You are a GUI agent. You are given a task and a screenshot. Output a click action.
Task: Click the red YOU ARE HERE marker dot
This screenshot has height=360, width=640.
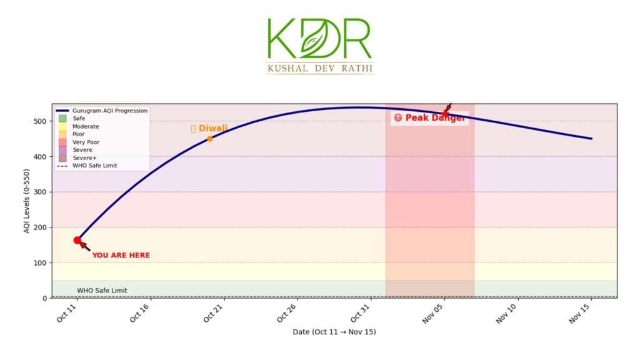pyautogui.click(x=77, y=240)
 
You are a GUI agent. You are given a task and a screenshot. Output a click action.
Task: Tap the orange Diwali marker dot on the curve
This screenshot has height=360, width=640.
pyautogui.click(x=210, y=139)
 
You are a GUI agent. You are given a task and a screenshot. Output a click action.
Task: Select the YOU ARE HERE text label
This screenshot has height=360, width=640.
pyautogui.click(x=121, y=256)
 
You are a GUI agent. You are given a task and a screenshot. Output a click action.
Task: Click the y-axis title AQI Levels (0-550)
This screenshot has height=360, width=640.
pyautogui.click(x=27, y=201)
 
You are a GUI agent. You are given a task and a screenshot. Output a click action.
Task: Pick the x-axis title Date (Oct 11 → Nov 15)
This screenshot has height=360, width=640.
pyautogui.click(x=334, y=332)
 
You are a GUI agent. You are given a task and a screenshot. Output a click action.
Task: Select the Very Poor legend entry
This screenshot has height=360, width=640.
pyautogui.click(x=86, y=142)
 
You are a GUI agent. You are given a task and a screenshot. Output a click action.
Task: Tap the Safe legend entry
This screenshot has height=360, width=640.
pyautogui.click(x=79, y=118)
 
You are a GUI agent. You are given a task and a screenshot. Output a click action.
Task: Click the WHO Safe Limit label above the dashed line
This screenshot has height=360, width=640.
pyautogui.click(x=102, y=291)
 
